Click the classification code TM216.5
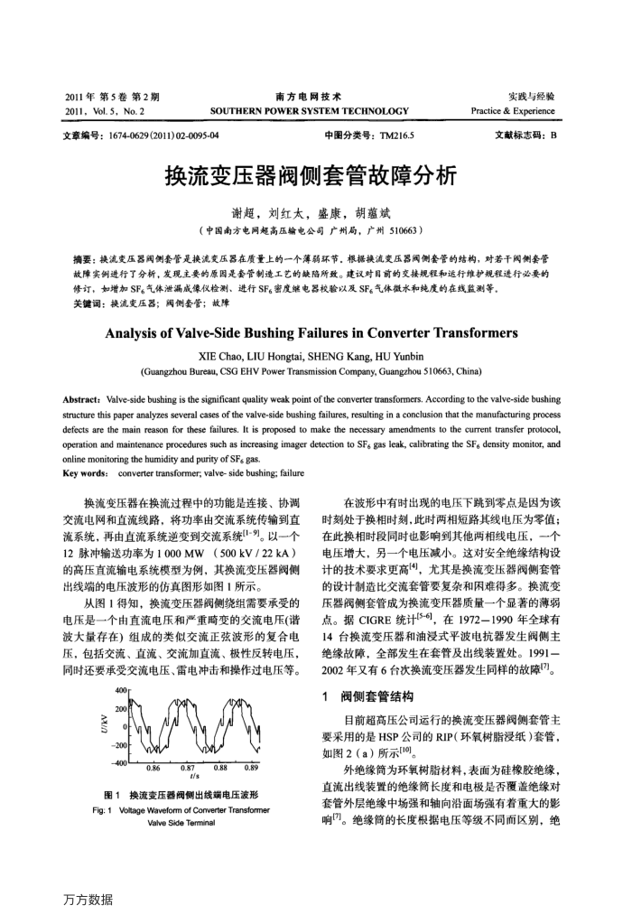click(379, 136)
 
